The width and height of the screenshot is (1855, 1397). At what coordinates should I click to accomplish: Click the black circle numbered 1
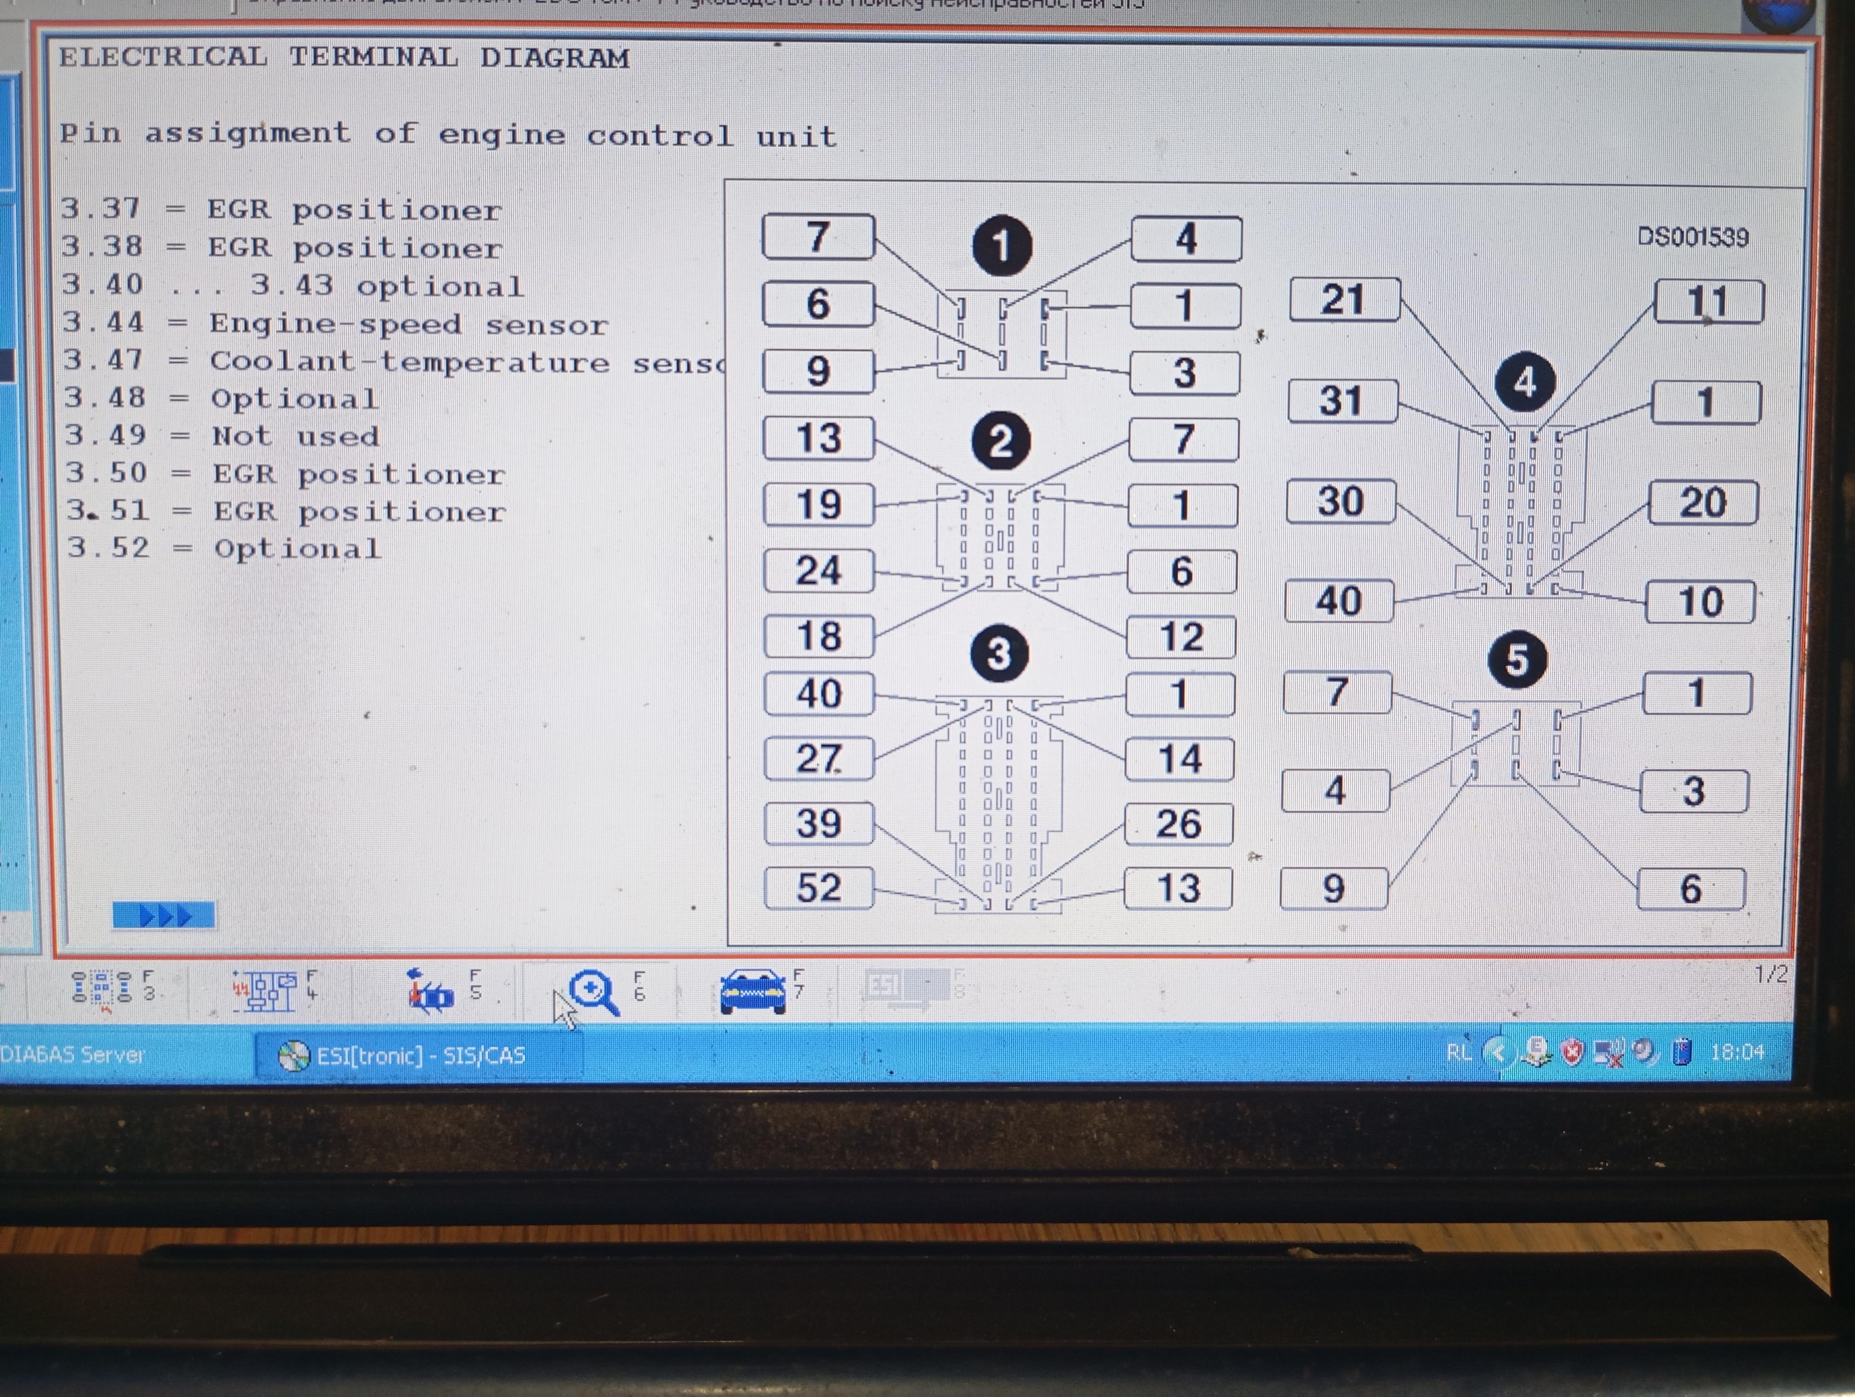[1001, 246]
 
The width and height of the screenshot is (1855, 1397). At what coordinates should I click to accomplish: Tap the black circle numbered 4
[1524, 382]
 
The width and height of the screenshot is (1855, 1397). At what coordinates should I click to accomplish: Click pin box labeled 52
[818, 888]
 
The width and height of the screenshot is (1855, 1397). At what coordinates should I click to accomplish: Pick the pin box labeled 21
[1344, 299]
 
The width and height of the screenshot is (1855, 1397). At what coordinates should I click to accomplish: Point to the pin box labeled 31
[1342, 401]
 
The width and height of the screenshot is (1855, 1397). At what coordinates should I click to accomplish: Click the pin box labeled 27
[818, 759]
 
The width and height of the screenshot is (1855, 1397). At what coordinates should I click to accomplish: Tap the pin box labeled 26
[1178, 824]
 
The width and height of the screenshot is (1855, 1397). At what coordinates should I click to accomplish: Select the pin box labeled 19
[818, 505]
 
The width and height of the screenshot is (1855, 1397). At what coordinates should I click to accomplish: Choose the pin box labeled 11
[1708, 302]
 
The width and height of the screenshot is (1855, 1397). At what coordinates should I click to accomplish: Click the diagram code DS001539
[1692, 237]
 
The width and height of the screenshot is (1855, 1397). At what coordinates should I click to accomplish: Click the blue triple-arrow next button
[164, 915]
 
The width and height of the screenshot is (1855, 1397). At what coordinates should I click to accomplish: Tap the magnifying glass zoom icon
[593, 992]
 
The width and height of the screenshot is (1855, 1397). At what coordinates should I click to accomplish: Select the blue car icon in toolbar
[752, 991]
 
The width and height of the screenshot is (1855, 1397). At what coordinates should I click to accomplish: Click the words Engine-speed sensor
[408, 325]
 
